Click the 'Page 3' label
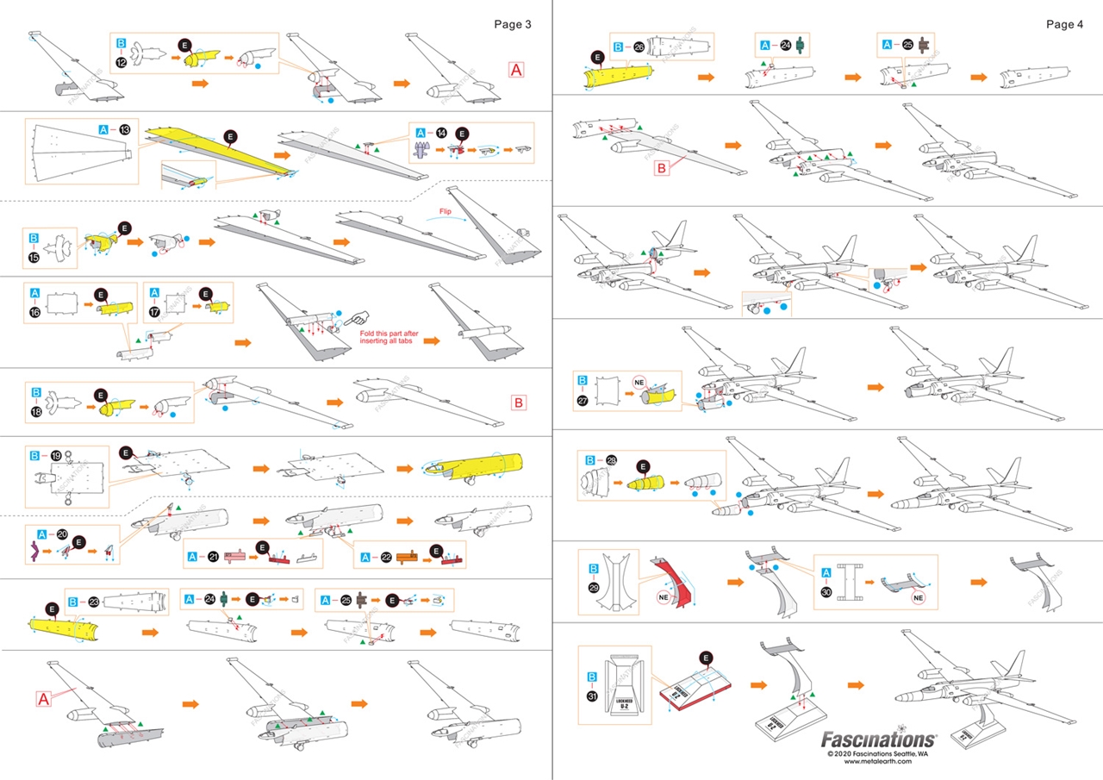coord(513,24)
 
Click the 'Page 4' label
coord(1065,24)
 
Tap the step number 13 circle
coord(125,129)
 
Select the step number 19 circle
coord(56,454)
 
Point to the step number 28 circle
coord(611,460)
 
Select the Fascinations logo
coord(877,739)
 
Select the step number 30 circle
coord(827,593)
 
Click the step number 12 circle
coord(122,61)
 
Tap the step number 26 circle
coord(639,47)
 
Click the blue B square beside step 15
coord(34,235)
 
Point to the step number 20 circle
coord(61,534)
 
